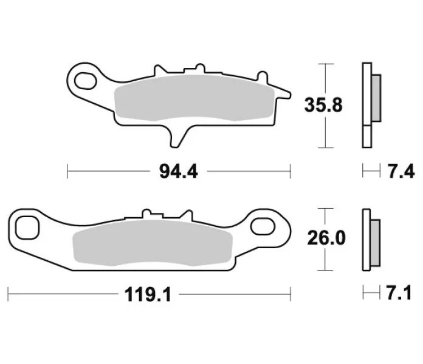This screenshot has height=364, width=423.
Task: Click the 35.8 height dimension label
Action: pos(323,105)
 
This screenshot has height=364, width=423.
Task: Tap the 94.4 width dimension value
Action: pos(178,172)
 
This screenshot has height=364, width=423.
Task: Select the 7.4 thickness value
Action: pos(401,172)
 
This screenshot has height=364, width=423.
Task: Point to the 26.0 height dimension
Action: pos(326,238)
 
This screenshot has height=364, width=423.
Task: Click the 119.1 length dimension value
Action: pos(148,295)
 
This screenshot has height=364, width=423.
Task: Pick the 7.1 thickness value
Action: pos(399,293)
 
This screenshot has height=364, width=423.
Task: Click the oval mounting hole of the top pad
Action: pos(85,81)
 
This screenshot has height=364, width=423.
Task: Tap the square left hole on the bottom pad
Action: pos(27,227)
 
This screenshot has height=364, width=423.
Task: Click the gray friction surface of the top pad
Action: pos(194,98)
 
